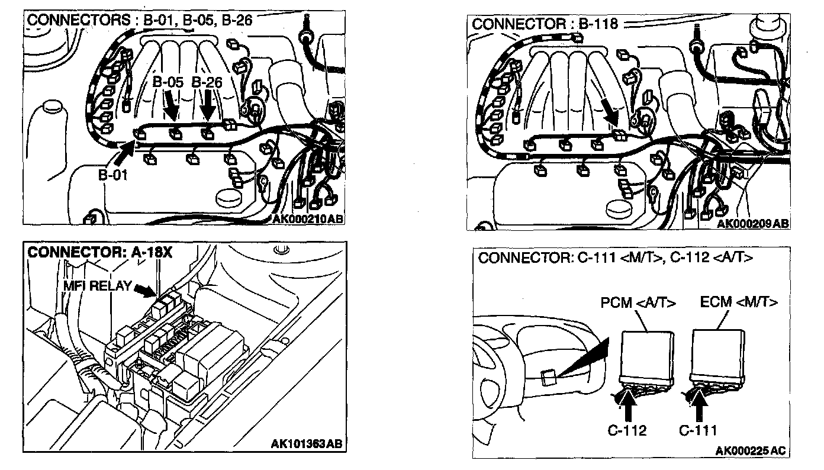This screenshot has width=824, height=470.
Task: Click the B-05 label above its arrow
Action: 168,83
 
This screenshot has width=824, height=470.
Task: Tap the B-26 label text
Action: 207,83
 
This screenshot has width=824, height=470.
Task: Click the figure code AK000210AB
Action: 308,220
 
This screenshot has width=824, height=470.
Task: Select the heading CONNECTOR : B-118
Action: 545,24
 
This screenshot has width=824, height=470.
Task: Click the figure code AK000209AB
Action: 752,224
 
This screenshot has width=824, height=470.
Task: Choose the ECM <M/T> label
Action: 739,302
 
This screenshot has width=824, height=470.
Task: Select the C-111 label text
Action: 699,430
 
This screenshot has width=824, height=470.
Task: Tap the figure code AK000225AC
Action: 750,451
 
